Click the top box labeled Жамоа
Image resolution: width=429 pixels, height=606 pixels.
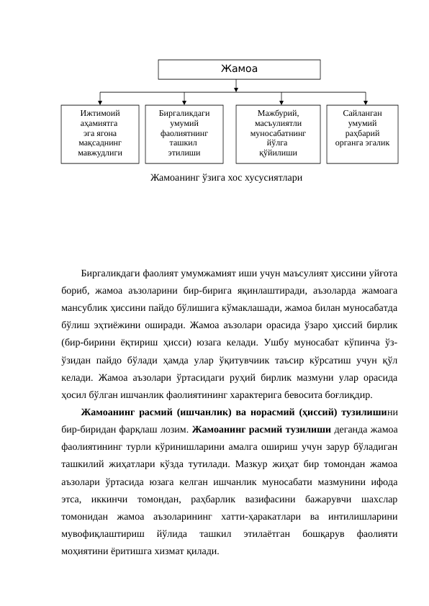point(239,69)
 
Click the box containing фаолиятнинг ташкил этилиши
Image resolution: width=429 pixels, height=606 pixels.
point(184,132)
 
